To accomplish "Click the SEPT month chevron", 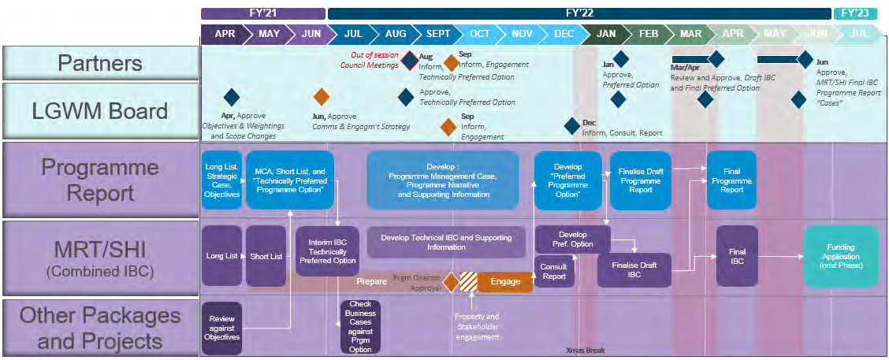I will click(x=438, y=34).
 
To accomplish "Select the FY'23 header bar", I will click(x=854, y=13).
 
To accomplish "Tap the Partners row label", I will click(x=100, y=63).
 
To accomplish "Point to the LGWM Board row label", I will click(x=100, y=111).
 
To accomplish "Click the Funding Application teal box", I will click(x=841, y=257).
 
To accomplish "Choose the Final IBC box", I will click(x=737, y=257).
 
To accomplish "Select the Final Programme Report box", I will click(x=731, y=180).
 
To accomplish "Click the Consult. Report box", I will click(x=554, y=272).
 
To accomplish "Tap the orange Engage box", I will click(x=505, y=281).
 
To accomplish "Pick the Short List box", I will click(x=266, y=256).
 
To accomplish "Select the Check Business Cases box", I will click(x=360, y=327).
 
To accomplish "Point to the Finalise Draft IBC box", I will click(x=634, y=270).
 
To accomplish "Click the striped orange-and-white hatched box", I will click(x=469, y=281).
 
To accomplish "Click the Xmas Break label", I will click(x=586, y=351).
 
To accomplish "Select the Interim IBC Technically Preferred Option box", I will click(x=327, y=250).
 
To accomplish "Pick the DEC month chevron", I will click(x=564, y=34).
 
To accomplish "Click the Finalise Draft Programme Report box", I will click(x=641, y=180).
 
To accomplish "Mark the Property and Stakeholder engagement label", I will click(x=476, y=327).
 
